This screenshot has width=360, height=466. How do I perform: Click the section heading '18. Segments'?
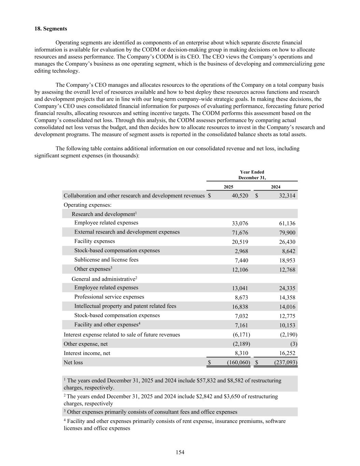pyautogui.click(x=51, y=29)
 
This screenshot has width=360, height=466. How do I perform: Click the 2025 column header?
pyautogui.click(x=228, y=187)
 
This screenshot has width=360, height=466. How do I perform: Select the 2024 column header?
pyautogui.click(x=275, y=187)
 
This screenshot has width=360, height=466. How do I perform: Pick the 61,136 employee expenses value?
pyautogui.click(x=287, y=224)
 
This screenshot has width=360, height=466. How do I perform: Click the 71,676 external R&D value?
pyautogui.click(x=240, y=233)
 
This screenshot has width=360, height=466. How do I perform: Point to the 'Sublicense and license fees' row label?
pyautogui.click(x=106, y=260)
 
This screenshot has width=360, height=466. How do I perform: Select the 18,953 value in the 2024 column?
pyautogui.click(x=287, y=260)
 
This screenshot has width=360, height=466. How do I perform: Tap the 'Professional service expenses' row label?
pyautogui.click(x=109, y=297)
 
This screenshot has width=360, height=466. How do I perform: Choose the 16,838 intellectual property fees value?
pyautogui.click(x=240, y=307)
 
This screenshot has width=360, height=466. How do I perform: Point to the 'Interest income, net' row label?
pyautogui.click(x=87, y=353)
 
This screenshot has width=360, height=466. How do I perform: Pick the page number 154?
pyautogui.click(x=180, y=452)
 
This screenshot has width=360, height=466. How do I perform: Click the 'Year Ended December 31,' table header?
pyautogui.click(x=252, y=175)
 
